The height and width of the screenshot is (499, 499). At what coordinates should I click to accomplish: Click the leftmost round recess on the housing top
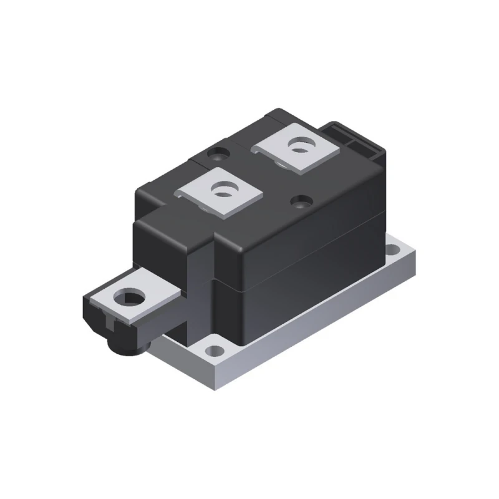[x=220, y=151]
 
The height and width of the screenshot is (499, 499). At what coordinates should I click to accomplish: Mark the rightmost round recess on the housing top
[x=302, y=201]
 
